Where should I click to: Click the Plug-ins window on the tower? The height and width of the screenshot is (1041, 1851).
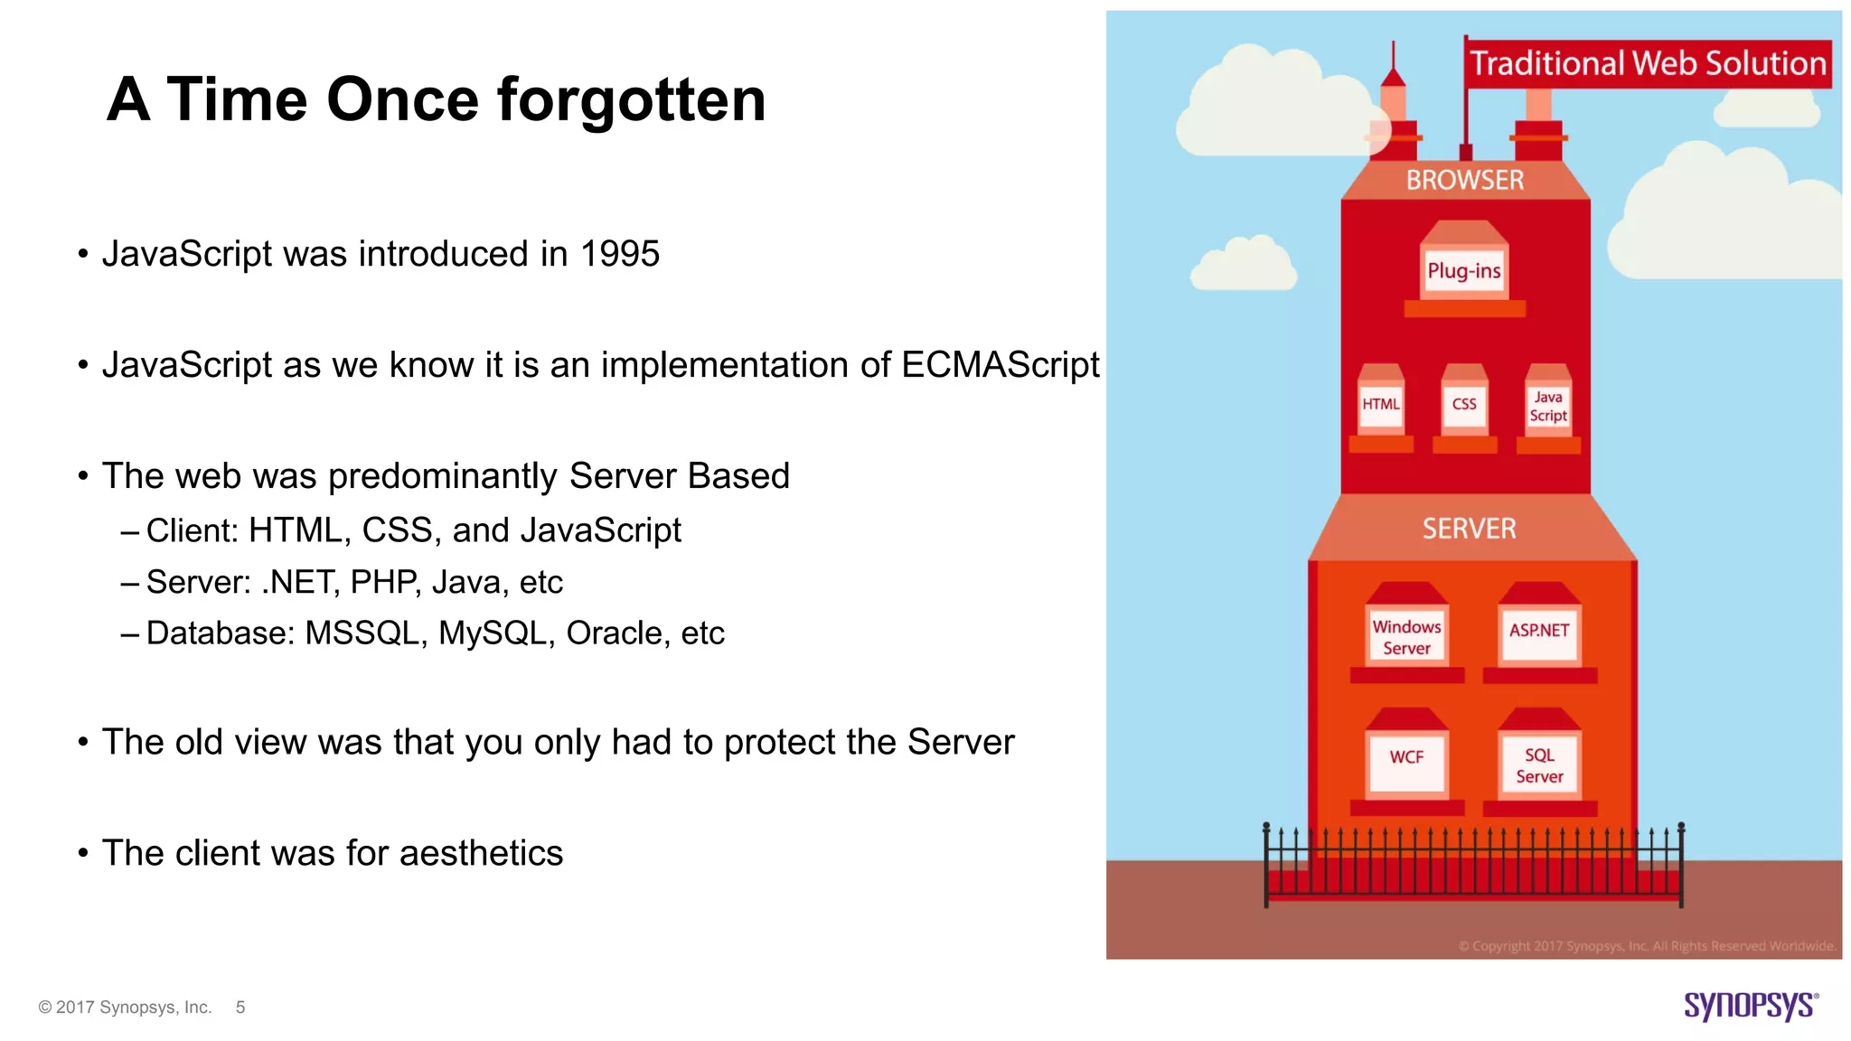coord(1463,270)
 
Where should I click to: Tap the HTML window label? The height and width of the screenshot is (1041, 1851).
coord(1380,404)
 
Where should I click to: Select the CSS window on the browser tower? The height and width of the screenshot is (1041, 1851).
coord(1464,404)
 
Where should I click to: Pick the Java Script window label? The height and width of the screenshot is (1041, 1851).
coord(1547,407)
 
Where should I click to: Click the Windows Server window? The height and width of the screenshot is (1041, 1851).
coord(1406,636)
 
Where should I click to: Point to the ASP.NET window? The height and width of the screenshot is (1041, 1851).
coord(1539,631)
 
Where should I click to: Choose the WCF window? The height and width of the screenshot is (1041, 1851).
coord(1406,757)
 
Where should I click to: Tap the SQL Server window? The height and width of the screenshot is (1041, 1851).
coord(1539,765)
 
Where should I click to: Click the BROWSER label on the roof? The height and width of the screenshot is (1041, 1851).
coord(1465,180)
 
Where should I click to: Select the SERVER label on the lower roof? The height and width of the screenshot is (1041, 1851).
coord(1470,529)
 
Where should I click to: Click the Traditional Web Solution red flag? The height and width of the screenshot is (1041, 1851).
coord(1648,64)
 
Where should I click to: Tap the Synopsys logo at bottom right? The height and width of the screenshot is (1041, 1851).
coord(1750,1005)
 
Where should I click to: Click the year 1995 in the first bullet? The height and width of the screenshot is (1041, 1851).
coord(620,254)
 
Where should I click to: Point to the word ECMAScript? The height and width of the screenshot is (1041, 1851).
coord(1000,365)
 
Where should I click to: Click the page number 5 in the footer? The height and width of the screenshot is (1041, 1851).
coord(240,1007)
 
